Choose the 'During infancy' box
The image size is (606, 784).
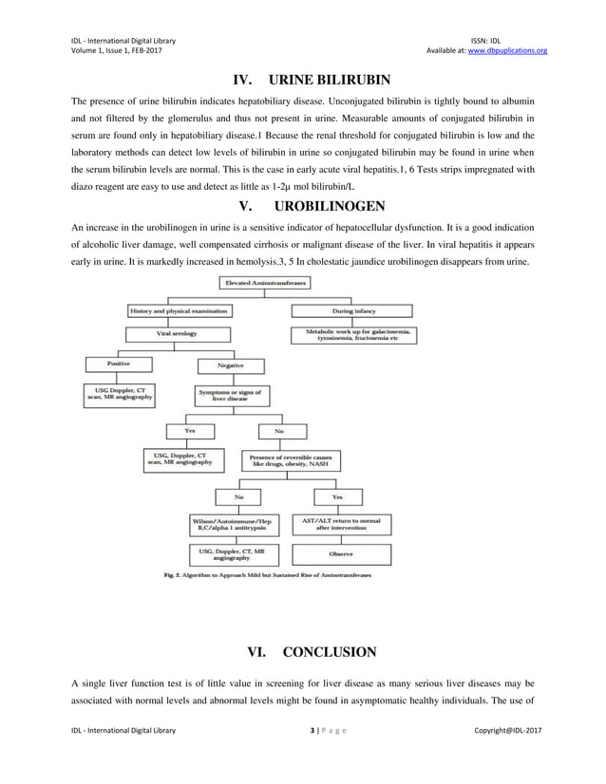(350, 309)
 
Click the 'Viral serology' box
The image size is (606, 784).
(178, 334)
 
